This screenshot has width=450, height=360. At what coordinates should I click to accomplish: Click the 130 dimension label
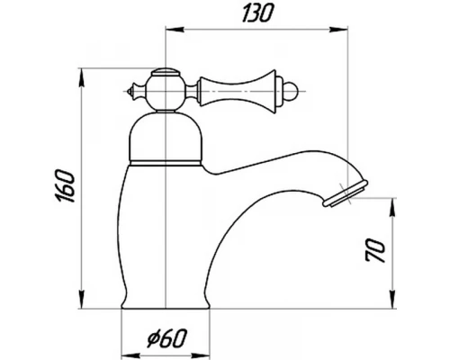(x=258, y=13)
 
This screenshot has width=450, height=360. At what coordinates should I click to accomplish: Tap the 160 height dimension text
(x=65, y=186)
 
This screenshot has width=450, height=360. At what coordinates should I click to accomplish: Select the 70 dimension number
(x=375, y=251)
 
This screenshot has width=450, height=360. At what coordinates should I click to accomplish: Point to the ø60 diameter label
(x=167, y=338)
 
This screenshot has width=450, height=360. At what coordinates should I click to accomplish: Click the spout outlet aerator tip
(x=346, y=193)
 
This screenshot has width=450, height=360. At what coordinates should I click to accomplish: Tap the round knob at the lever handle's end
(x=292, y=91)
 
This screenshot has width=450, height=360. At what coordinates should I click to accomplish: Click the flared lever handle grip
(x=238, y=92)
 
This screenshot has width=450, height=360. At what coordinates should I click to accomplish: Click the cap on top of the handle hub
(x=166, y=73)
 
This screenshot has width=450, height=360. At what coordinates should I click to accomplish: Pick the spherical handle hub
(x=166, y=93)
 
